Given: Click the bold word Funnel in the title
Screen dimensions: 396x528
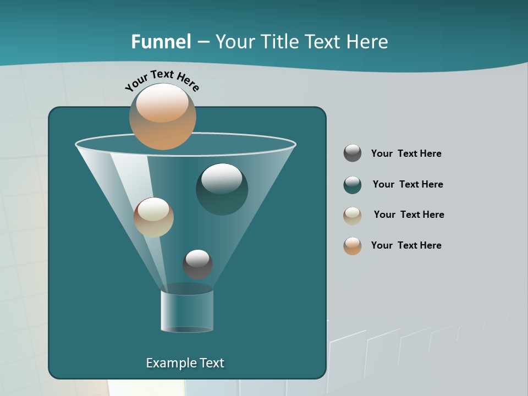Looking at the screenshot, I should click(x=161, y=42).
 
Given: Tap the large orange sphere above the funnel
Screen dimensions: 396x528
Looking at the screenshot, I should click(x=162, y=116).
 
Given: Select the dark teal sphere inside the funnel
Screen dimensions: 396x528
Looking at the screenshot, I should click(x=222, y=189).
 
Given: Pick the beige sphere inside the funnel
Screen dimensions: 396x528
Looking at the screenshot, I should click(x=153, y=217).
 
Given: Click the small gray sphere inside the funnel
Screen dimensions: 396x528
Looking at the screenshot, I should click(x=197, y=264).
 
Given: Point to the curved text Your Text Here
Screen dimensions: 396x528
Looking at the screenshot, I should click(x=162, y=80).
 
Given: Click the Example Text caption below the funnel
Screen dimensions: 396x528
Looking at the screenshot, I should click(x=185, y=363).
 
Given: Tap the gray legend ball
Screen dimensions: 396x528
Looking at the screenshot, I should click(x=353, y=153).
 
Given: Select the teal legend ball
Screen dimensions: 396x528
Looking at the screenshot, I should click(x=353, y=185).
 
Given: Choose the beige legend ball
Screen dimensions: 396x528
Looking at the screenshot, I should click(x=353, y=216).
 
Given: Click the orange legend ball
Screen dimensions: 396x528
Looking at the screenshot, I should click(x=353, y=246).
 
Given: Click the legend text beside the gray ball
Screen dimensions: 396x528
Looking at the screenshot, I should click(x=406, y=153).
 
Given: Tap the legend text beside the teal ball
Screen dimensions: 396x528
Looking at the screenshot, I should click(x=408, y=184).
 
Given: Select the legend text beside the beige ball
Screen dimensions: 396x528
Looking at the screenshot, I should click(x=409, y=215).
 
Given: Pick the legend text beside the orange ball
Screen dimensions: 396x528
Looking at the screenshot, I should click(x=406, y=245).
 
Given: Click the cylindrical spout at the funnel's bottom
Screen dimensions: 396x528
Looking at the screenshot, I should click(x=187, y=311).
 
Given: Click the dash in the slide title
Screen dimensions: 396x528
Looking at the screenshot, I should click(x=202, y=42).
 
